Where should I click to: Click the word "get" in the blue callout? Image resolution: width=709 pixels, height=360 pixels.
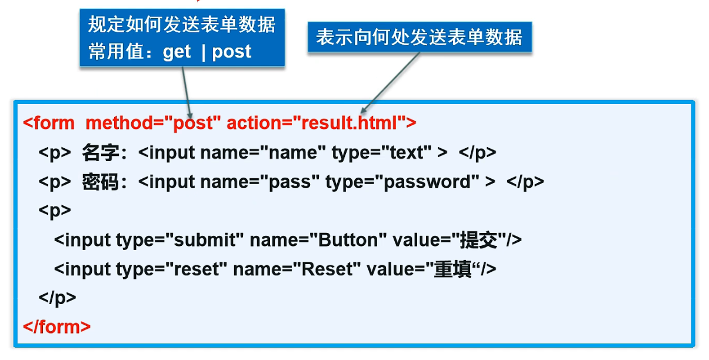pos(177,52)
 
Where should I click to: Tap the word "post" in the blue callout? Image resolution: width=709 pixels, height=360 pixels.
pos(232,52)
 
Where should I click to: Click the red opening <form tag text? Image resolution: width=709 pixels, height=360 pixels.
pos(49,123)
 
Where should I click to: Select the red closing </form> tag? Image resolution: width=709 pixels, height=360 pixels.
pos(56,327)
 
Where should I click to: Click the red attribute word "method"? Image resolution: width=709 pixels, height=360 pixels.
pos(119,123)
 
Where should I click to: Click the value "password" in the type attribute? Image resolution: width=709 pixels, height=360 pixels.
pos(427,182)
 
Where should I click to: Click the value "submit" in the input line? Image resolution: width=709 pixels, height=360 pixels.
pos(205,240)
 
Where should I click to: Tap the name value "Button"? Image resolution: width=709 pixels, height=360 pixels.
pos(348,240)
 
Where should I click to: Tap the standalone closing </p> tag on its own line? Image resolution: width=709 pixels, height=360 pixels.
pos(57,298)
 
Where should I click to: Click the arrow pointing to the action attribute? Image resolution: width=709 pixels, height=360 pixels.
pos(390,82)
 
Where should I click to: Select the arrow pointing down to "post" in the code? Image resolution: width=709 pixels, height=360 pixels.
pos(187,92)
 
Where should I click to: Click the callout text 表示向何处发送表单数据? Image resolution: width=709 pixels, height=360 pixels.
pos(420,37)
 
